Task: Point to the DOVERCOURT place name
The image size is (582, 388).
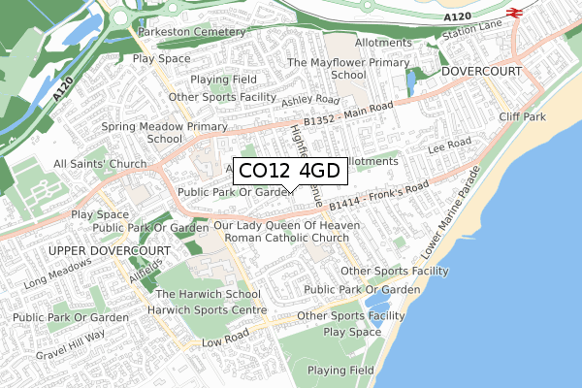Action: point(481,73)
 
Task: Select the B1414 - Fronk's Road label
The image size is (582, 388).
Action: point(378,197)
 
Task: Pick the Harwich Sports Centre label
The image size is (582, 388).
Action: point(206,310)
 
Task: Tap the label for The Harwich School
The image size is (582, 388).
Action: point(208,294)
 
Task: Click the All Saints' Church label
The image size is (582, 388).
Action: point(100,164)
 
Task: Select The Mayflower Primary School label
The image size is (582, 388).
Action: point(335,68)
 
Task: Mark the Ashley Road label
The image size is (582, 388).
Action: point(310,101)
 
